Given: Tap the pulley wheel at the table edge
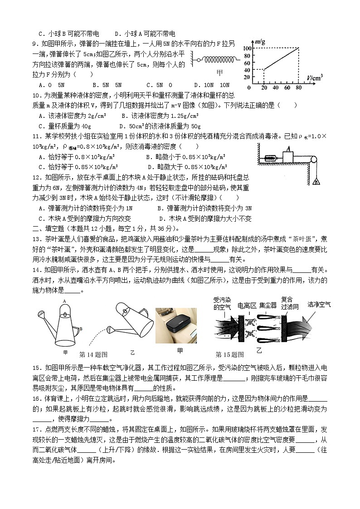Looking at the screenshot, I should [313, 159].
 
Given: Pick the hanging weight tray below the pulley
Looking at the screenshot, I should [315, 181].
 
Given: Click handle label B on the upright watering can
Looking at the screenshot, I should [80, 329].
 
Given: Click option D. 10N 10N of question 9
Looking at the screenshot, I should [212, 85].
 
